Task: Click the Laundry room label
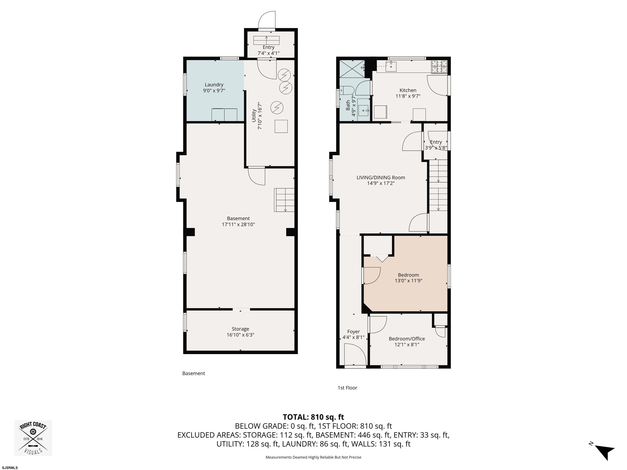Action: (214, 85)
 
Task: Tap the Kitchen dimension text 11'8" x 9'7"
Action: (408, 96)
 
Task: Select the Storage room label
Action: (240, 329)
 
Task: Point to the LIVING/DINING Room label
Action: (381, 178)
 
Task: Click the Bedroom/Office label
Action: (407, 339)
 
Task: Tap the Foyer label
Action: (354, 332)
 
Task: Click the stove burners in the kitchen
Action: (439, 67)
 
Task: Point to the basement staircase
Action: (284, 200)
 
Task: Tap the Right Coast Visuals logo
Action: (33, 438)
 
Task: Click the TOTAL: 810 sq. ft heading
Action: (313, 417)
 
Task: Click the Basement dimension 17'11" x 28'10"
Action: (238, 224)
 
